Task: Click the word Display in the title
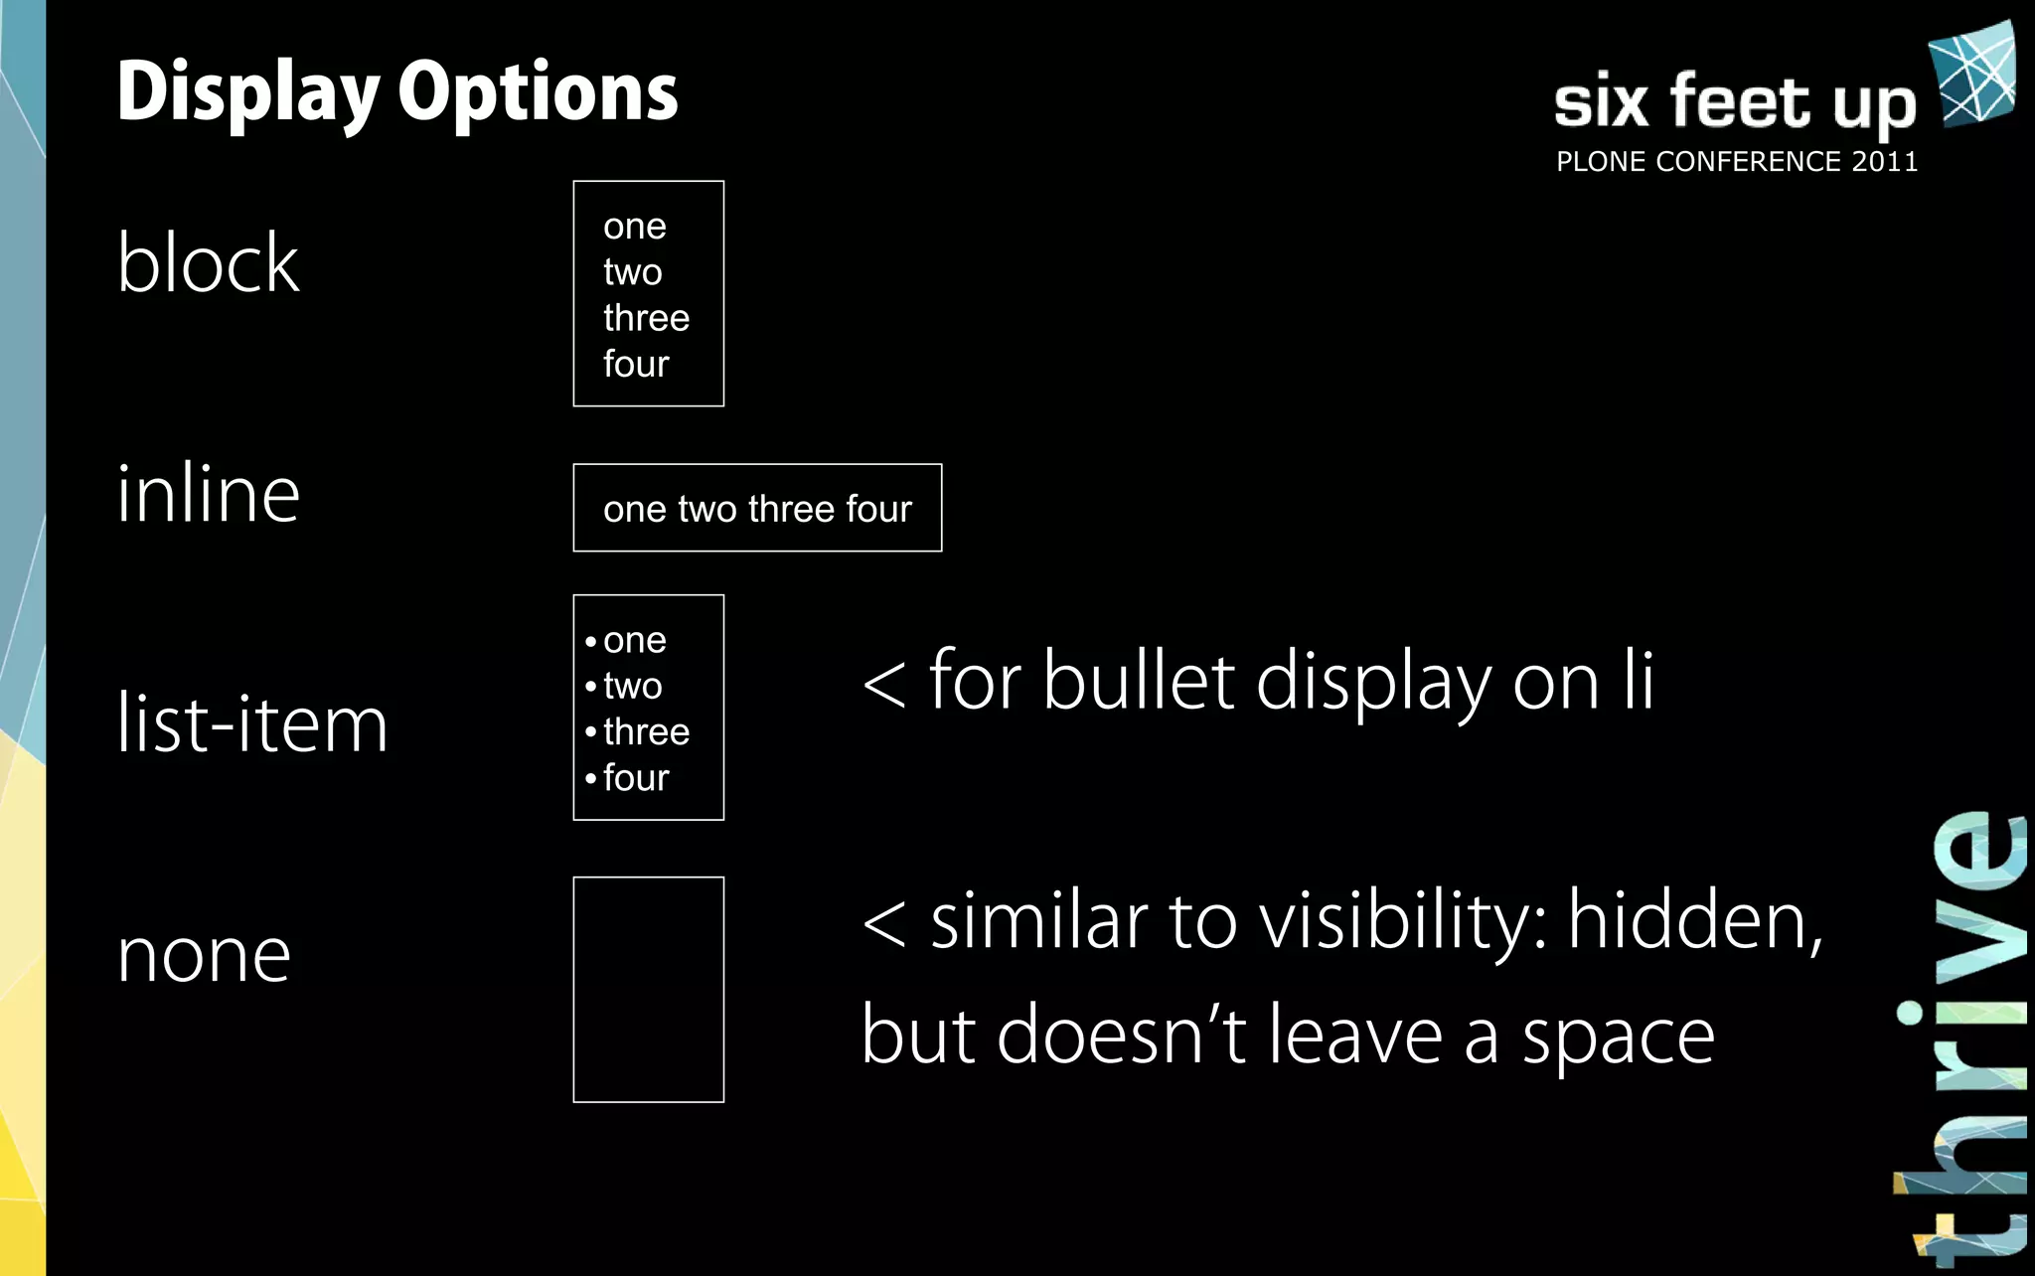click(x=247, y=92)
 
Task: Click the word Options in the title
click(x=538, y=92)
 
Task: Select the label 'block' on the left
click(x=208, y=263)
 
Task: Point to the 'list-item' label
click(x=252, y=723)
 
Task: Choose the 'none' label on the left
click(x=204, y=955)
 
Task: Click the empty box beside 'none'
click(x=648, y=990)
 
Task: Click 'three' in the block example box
click(x=646, y=318)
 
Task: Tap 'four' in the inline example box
click(x=878, y=509)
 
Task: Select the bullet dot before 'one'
click(x=590, y=641)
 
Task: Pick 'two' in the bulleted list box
click(x=632, y=686)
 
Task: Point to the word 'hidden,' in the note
click(x=1695, y=920)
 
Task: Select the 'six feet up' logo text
click(x=1735, y=101)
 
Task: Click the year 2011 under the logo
click(x=1884, y=162)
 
